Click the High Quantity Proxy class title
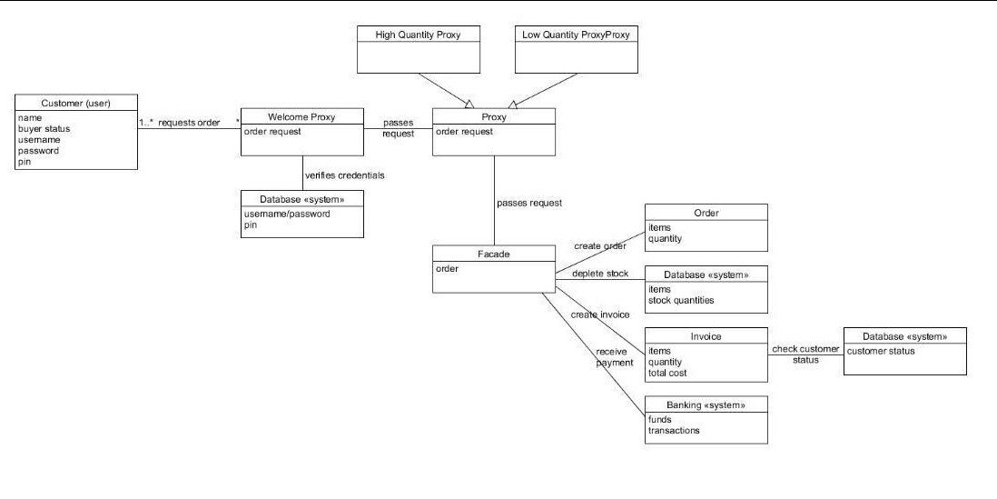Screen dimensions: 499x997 [418, 35]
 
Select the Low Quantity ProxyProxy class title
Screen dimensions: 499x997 [576, 35]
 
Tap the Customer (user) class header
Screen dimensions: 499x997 [75, 103]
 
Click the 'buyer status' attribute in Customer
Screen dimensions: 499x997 [44, 129]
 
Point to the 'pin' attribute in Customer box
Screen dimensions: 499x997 [24, 162]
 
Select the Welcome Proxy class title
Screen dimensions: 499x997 [301, 116]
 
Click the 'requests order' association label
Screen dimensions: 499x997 [189, 123]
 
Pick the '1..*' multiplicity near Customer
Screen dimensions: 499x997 [146, 123]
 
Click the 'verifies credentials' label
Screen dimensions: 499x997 [344, 175]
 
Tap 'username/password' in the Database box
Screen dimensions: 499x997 [287, 214]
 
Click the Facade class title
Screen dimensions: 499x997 [493, 254]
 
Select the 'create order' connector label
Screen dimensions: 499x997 [600, 246]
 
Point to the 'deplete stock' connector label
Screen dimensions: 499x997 [599, 274]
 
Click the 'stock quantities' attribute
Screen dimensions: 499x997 [680, 300]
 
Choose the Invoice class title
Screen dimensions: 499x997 [706, 336]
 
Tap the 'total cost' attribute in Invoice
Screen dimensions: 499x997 [667, 374]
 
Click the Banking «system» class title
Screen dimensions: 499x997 [706, 405]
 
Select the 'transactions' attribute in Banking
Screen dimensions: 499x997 [673, 431]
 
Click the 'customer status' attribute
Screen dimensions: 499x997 [881, 351]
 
